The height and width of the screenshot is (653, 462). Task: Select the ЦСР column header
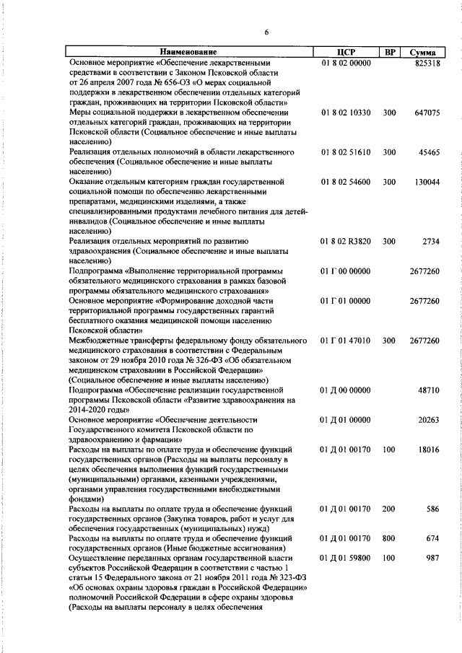[344, 53]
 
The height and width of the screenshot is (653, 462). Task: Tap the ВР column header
[389, 53]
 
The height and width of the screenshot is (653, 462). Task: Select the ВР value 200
[389, 509]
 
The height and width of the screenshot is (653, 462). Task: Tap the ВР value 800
[389, 538]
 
